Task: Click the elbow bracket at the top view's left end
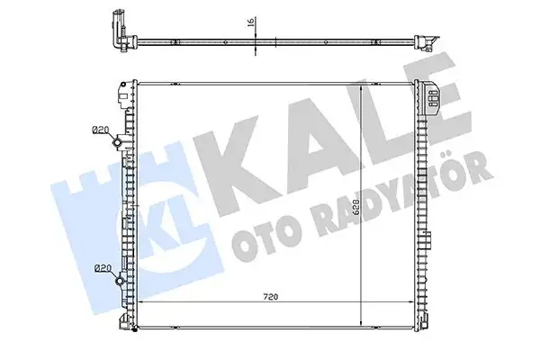pyautogui.click(x=114, y=33)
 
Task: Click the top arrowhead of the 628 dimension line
pyautogui.click(x=363, y=84)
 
